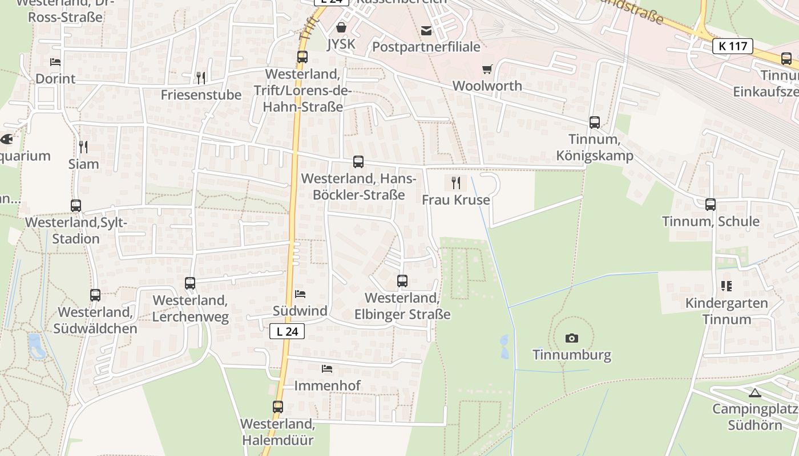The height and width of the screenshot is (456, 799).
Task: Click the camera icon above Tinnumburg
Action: pyautogui.click(x=571, y=338)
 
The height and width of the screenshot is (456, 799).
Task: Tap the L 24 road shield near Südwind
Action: pyautogui.click(x=287, y=331)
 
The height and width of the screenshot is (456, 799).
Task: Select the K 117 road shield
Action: pyautogui.click(x=733, y=46)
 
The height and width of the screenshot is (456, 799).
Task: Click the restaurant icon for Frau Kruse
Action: pyautogui.click(x=455, y=183)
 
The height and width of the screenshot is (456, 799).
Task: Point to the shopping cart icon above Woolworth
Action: pyautogui.click(x=487, y=69)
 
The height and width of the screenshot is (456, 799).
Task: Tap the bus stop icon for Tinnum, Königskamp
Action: pyautogui.click(x=595, y=123)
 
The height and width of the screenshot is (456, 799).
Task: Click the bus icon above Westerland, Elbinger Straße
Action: pyautogui.click(x=402, y=281)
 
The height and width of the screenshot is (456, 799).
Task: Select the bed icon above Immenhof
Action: pyautogui.click(x=327, y=369)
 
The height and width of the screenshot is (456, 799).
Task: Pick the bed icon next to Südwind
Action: pyautogui.click(x=300, y=294)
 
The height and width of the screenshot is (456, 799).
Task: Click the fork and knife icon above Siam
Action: pyautogui.click(x=83, y=147)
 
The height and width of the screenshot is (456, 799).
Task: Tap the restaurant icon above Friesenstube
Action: pyautogui.click(x=201, y=78)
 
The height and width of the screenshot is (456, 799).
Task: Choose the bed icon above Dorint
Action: pyautogui.click(x=55, y=62)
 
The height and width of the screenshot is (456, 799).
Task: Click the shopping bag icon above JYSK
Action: pyautogui.click(x=341, y=27)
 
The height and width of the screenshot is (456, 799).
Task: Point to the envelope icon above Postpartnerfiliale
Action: pyautogui.click(x=426, y=30)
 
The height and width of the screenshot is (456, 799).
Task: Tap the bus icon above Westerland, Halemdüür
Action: pyautogui.click(x=278, y=407)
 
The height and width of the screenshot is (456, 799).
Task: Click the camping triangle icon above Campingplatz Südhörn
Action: pyautogui.click(x=755, y=393)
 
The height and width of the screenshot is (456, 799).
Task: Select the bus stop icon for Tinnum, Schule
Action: pyautogui.click(x=711, y=205)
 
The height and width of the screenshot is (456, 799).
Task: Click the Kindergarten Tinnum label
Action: pyautogui.click(x=727, y=311)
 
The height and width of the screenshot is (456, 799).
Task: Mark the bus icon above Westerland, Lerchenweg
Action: pyautogui.click(x=190, y=283)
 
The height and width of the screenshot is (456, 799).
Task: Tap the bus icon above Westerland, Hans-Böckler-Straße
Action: pyautogui.click(x=358, y=162)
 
